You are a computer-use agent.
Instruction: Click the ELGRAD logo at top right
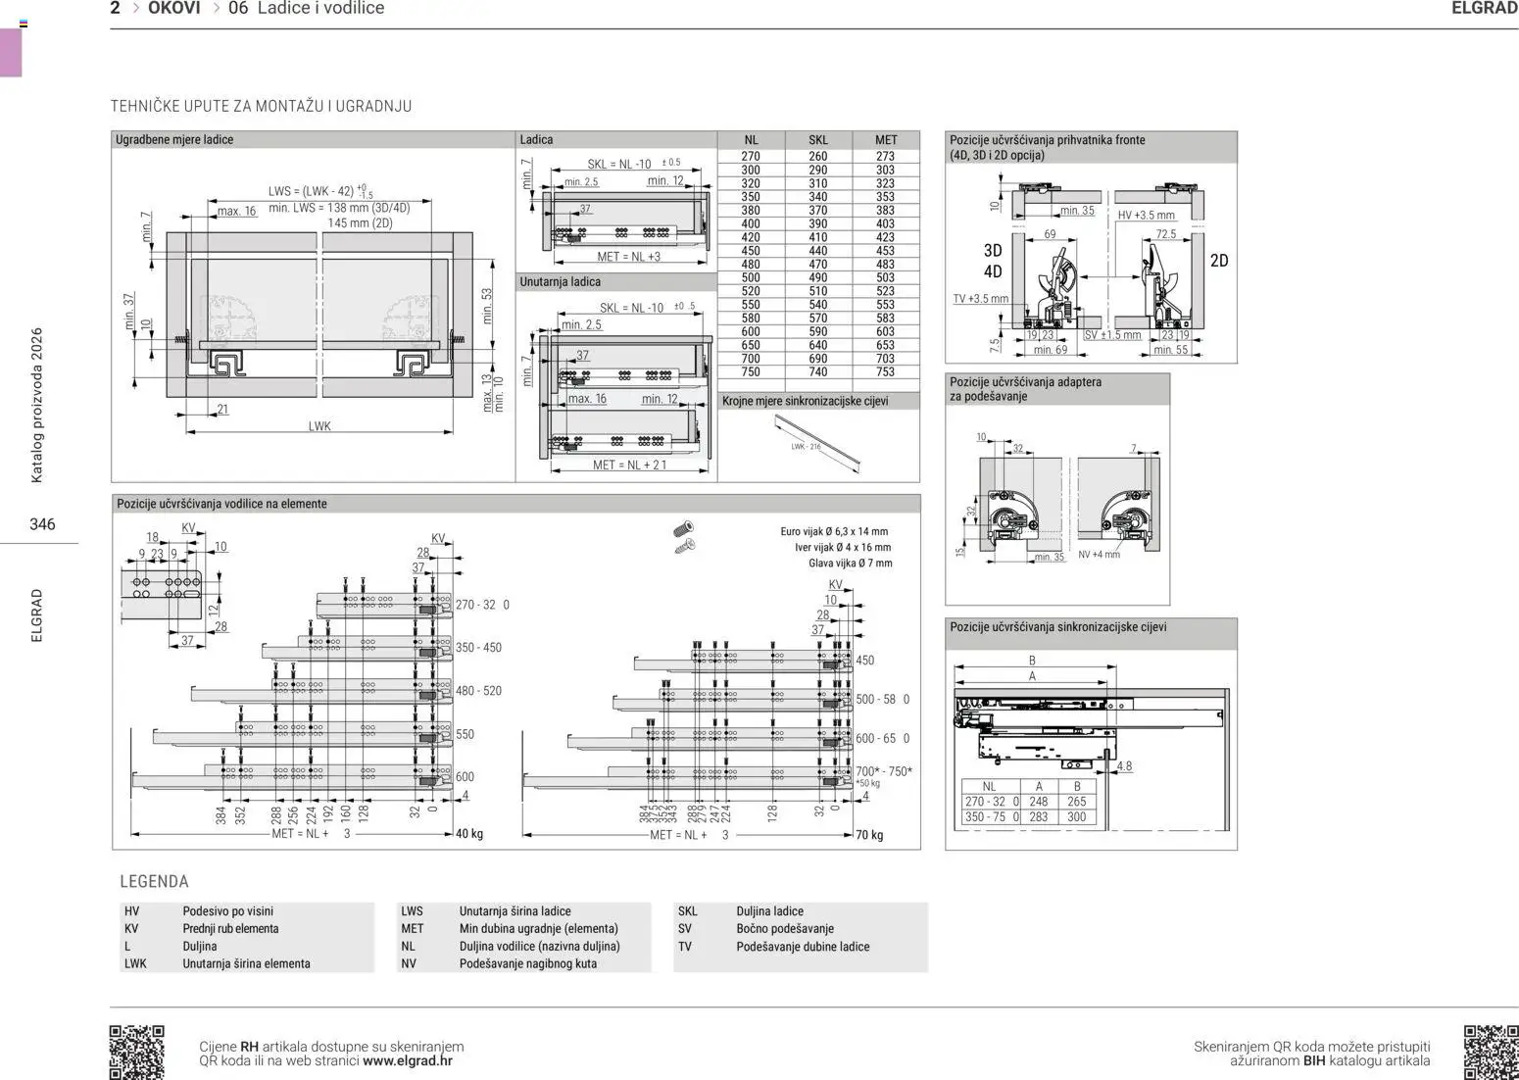1484,9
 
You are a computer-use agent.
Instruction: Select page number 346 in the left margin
42,524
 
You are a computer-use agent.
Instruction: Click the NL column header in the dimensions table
751,140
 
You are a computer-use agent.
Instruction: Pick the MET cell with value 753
885,372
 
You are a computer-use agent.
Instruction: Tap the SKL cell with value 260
817,157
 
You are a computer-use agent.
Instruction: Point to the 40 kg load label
469,834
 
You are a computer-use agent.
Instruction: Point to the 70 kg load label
869,835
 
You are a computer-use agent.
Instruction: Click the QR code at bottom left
136,1052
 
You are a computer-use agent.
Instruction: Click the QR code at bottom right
1491,1052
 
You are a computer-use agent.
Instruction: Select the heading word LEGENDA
154,881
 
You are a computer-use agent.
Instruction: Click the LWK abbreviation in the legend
135,963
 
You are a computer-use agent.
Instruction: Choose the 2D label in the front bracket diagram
1218,261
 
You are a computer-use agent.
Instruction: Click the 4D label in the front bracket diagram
993,271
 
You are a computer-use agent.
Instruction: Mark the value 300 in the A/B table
1076,816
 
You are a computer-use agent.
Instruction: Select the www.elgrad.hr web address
408,1060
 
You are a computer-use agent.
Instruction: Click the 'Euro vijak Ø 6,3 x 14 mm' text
834,532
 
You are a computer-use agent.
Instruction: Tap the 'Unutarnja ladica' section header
560,282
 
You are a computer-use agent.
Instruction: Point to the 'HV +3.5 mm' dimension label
1146,216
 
